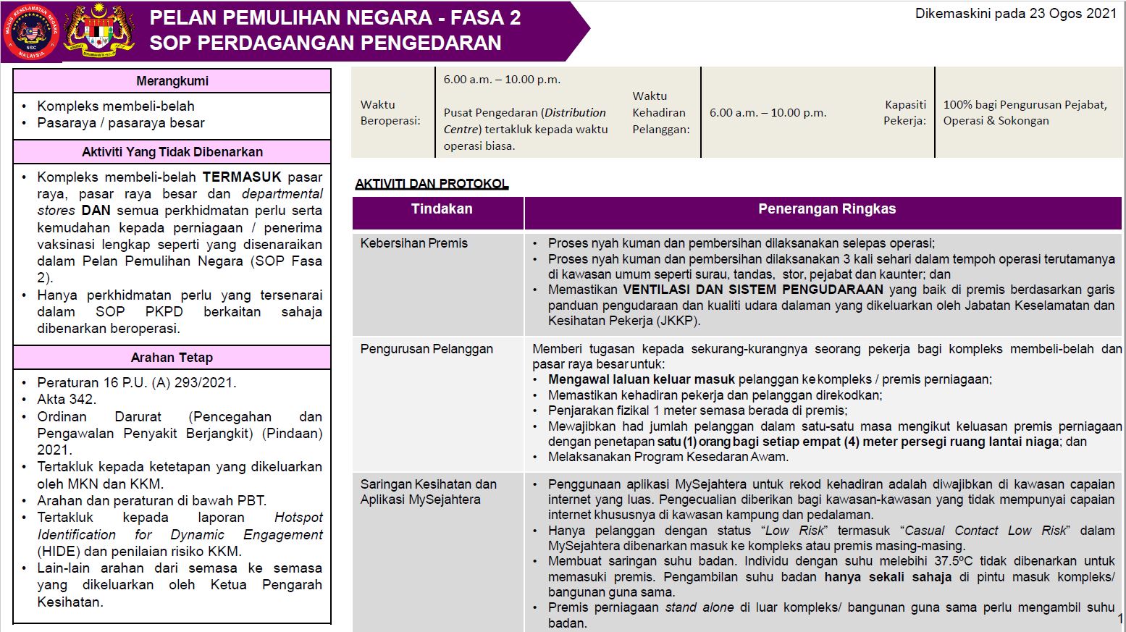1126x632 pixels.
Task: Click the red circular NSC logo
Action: click(31, 31)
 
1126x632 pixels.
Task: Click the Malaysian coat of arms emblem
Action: click(99, 31)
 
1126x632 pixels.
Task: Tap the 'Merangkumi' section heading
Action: click(172, 81)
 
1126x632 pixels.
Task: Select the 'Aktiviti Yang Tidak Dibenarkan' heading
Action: click(172, 152)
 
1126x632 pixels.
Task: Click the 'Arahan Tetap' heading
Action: click(172, 358)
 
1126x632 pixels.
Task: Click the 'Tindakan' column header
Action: click(442, 209)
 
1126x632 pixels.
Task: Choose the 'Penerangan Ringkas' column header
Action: click(827, 209)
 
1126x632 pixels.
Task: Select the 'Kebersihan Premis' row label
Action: click(414, 243)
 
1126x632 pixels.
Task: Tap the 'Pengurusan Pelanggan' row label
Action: click(427, 349)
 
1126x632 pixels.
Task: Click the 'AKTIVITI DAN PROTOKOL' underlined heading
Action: click(432, 184)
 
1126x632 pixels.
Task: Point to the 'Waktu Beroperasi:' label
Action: click(390, 113)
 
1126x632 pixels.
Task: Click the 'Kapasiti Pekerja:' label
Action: click(905, 113)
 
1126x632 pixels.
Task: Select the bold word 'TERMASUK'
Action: click(242, 177)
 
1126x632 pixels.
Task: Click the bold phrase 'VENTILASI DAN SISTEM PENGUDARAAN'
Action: click(753, 290)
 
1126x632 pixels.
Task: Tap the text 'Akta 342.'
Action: click(67, 400)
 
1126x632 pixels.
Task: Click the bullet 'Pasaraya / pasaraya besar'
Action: click(121, 123)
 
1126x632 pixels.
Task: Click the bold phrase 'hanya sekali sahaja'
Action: click(888, 577)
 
